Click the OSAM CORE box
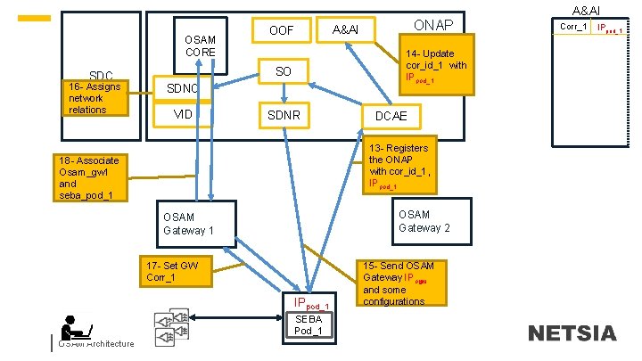click(x=200, y=45)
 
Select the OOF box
click(x=283, y=31)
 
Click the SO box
click(x=283, y=71)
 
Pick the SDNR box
click(x=284, y=115)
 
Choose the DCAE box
click(x=391, y=116)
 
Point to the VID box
click(x=183, y=115)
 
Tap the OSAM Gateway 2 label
click(x=424, y=220)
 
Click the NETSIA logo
click(x=571, y=334)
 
